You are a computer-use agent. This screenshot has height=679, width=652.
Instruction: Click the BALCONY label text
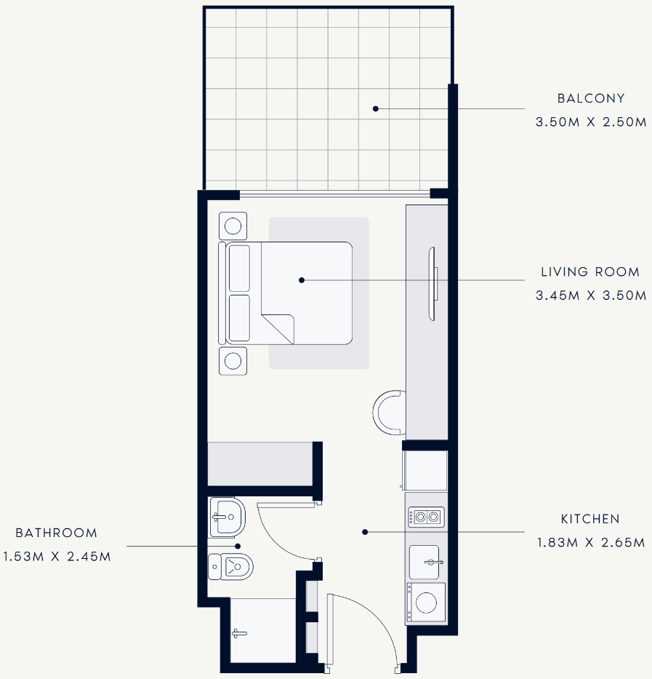click(591, 98)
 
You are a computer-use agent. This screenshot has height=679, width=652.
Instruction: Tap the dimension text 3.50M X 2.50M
click(591, 122)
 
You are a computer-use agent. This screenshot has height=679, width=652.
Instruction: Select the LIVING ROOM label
click(590, 271)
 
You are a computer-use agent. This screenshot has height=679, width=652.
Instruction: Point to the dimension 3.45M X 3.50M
click(591, 295)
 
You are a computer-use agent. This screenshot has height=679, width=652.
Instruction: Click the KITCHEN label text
click(590, 519)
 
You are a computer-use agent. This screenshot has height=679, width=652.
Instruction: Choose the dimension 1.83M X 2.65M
click(591, 542)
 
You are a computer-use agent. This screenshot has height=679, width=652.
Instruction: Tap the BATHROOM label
click(56, 533)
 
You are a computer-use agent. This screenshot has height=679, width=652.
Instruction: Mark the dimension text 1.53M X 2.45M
click(57, 557)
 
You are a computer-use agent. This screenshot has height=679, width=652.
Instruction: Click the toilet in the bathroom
click(230, 566)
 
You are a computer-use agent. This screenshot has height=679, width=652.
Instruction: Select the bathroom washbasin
click(227, 517)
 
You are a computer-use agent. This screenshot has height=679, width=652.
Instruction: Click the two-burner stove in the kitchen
click(427, 517)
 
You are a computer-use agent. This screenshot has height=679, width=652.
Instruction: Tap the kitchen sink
click(424, 562)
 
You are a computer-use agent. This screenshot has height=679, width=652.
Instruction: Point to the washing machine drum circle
click(426, 603)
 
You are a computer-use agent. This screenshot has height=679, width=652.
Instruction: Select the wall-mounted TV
click(432, 284)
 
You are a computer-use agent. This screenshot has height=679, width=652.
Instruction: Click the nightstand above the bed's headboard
click(233, 226)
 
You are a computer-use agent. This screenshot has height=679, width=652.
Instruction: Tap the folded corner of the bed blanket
click(278, 329)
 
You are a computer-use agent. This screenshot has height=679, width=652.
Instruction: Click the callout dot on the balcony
click(376, 108)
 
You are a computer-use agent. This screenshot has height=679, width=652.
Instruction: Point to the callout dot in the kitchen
click(365, 532)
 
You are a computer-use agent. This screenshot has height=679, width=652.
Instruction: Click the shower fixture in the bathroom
click(239, 634)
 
